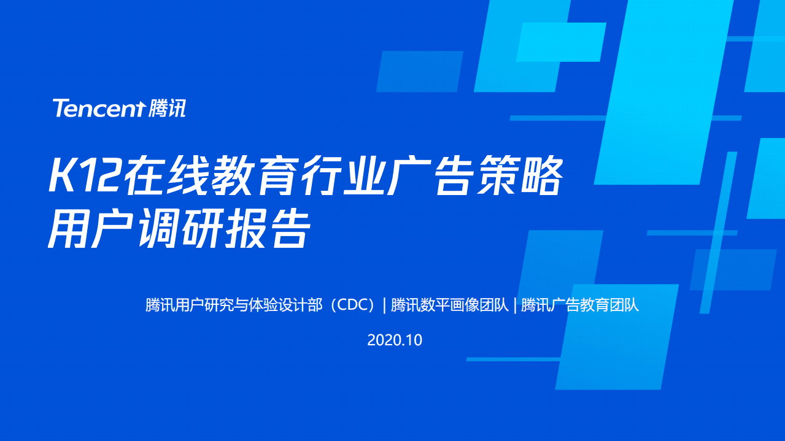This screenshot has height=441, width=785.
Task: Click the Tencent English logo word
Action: click(98, 109)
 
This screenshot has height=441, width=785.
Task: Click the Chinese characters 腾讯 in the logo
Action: click(167, 109)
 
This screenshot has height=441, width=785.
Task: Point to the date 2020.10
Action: click(395, 340)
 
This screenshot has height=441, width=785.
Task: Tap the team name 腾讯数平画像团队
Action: click(449, 305)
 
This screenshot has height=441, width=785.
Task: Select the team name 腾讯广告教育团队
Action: click(580, 305)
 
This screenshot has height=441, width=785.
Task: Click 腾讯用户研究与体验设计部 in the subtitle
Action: click(234, 305)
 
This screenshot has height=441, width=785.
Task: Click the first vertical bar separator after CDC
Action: click(384, 305)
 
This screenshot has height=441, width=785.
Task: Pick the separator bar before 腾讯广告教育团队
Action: click(515, 305)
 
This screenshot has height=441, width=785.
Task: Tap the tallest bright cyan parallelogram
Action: click(663, 92)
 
